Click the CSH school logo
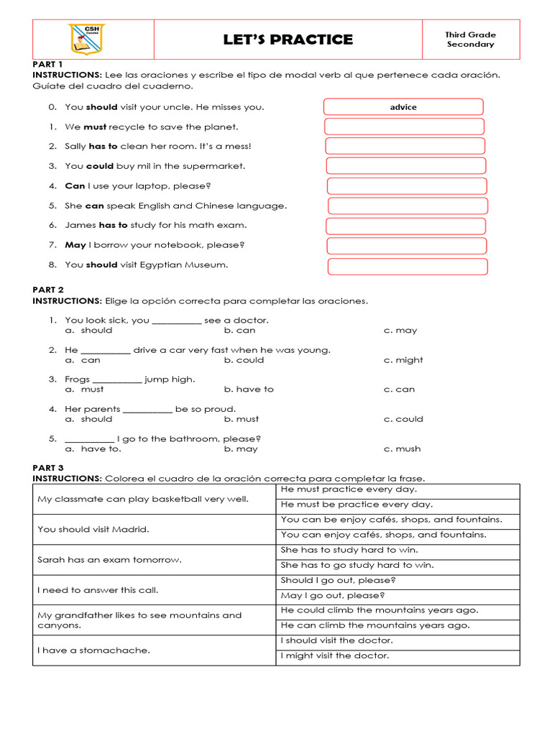click(86, 39)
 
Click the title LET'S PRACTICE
click(288, 40)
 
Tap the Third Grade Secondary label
click(470, 40)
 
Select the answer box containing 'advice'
click(403, 107)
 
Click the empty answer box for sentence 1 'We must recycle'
click(404, 127)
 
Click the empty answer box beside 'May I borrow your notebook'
click(407, 246)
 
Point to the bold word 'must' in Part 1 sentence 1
click(95, 127)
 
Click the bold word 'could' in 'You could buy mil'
click(100, 166)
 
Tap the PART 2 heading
click(48, 290)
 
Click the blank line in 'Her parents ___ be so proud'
click(147, 410)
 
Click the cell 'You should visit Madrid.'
click(154, 529)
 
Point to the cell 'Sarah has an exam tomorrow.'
click(154, 559)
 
